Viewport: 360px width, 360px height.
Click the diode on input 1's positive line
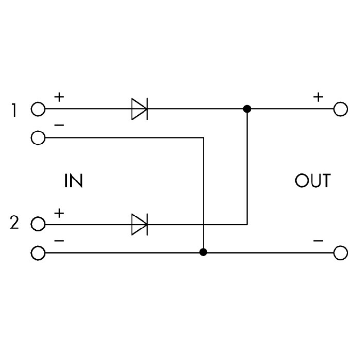(x=140, y=109)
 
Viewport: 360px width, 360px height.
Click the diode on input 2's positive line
(x=140, y=224)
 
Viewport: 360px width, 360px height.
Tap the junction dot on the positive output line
(x=247, y=109)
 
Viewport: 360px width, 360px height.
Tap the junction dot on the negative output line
(x=204, y=252)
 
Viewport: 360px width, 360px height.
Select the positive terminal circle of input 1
(x=37, y=109)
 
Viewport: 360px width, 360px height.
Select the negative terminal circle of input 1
(x=37, y=138)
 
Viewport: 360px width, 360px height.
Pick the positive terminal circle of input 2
(x=37, y=224)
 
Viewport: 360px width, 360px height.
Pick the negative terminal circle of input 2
(x=37, y=252)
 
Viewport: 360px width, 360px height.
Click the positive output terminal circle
(x=340, y=109)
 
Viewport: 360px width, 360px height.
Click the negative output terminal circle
(x=340, y=252)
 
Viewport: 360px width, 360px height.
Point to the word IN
(x=73, y=181)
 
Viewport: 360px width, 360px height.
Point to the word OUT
(x=312, y=181)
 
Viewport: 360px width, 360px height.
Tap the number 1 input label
(x=15, y=110)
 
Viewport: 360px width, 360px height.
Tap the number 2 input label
(x=15, y=224)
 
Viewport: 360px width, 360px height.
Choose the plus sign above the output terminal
(x=318, y=97)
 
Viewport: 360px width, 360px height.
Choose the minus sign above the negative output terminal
(x=318, y=240)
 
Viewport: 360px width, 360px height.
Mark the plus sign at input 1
(x=59, y=97)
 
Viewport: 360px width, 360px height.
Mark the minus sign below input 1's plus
(x=59, y=125)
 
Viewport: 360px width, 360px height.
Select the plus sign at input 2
(x=59, y=212)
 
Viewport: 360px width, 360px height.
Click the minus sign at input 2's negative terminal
(x=59, y=240)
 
